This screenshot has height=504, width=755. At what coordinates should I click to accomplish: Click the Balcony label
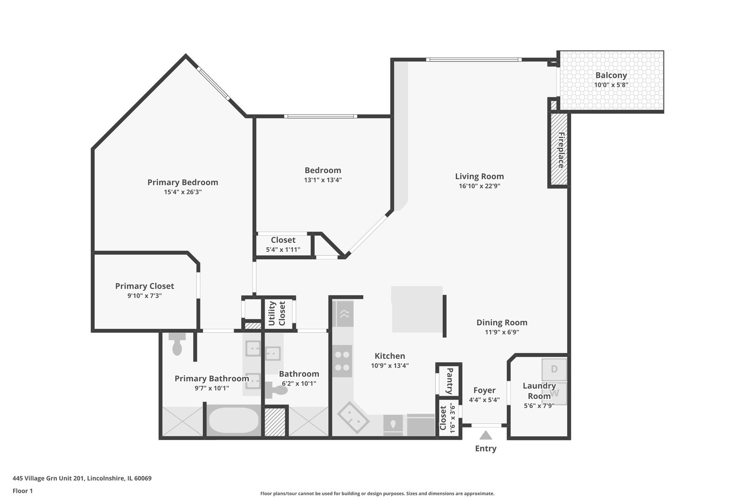611,75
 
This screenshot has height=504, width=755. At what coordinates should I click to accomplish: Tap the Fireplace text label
561,150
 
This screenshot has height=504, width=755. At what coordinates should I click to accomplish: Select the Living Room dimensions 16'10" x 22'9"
479,186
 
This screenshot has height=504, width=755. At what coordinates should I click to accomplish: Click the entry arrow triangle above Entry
486,435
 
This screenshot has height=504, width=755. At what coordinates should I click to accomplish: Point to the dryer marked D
554,369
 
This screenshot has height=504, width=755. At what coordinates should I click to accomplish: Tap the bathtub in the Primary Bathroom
233,420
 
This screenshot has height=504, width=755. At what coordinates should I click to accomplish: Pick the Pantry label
450,381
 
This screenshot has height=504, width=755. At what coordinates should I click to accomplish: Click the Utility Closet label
277,313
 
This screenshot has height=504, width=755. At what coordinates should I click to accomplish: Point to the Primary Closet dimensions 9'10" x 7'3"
144,295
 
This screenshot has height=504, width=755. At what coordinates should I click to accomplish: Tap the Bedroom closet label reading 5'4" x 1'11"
283,249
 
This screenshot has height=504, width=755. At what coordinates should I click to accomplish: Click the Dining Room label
501,322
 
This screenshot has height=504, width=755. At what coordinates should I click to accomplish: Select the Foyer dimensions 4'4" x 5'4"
484,400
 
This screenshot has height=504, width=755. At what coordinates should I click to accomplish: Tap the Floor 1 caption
22,491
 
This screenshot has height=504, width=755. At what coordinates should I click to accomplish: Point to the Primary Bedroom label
183,182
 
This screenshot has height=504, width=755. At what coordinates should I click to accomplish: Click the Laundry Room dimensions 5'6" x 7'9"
539,406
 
